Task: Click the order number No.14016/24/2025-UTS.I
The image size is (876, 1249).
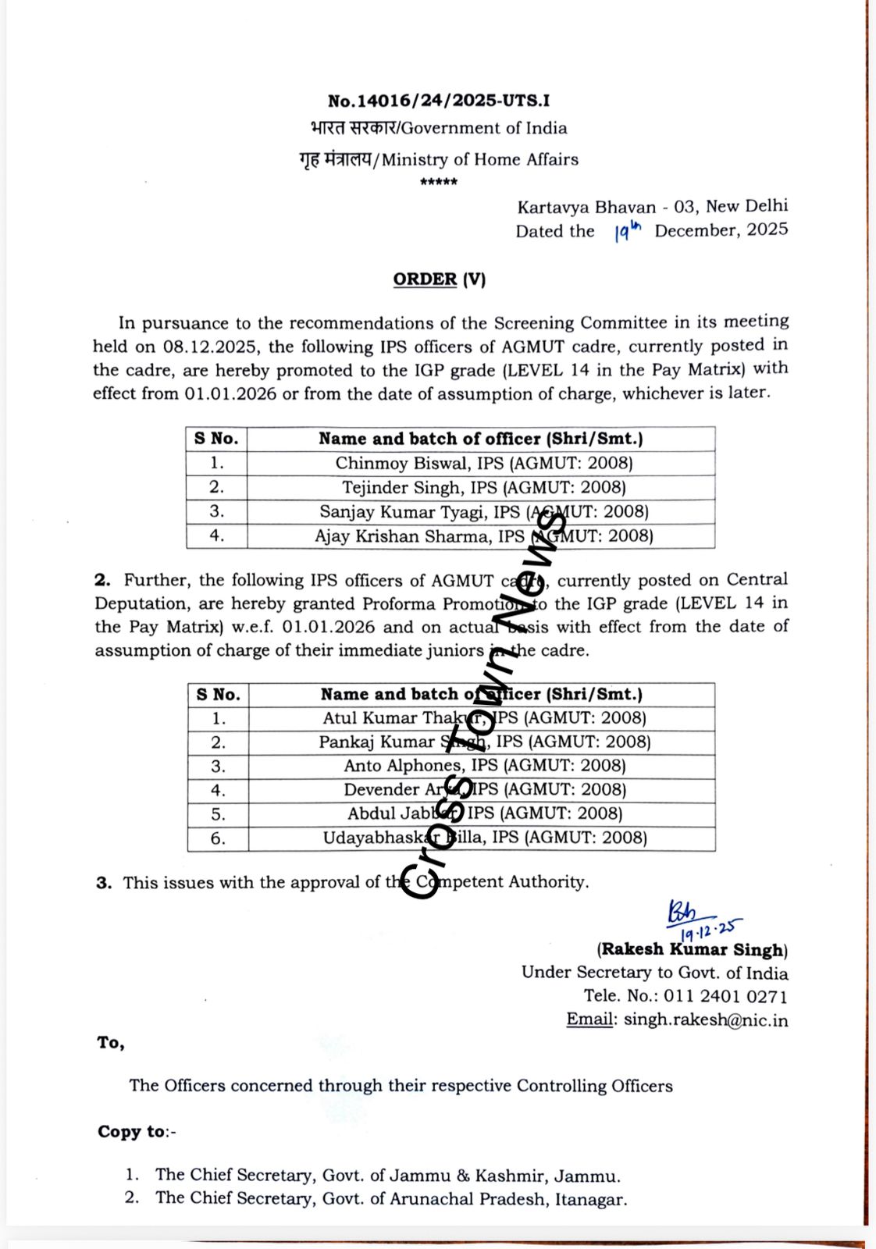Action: (x=438, y=101)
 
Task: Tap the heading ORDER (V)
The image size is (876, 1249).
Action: (x=439, y=279)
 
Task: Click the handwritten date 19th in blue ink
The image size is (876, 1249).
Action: (x=627, y=231)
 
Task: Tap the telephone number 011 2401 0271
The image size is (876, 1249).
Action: (x=725, y=997)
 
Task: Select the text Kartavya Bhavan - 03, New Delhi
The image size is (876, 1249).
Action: (x=652, y=207)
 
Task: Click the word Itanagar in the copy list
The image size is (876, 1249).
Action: (x=590, y=1199)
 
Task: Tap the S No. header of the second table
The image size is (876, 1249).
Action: (x=218, y=695)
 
